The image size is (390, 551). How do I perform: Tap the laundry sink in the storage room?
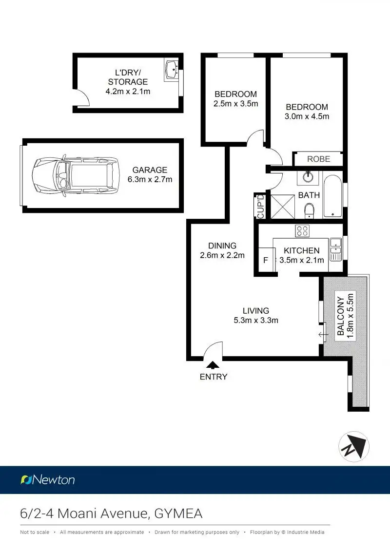(x=171, y=70)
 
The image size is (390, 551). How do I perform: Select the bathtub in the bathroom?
(x=333, y=196)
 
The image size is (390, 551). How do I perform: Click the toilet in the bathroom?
(x=309, y=210)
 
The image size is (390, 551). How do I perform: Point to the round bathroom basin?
(x=308, y=176)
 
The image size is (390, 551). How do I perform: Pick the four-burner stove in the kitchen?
(x=302, y=231)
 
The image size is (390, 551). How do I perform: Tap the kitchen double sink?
(x=335, y=248)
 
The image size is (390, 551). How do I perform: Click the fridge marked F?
(x=266, y=260)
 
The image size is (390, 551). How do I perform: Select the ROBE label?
(x=319, y=159)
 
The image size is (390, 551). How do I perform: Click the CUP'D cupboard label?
(x=260, y=206)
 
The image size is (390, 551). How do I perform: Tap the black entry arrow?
(x=213, y=365)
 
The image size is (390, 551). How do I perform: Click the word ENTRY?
(x=214, y=377)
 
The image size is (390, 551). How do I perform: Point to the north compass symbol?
(x=353, y=447)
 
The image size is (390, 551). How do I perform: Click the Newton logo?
(x=48, y=480)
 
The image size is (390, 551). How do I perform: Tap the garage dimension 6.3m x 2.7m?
(x=150, y=179)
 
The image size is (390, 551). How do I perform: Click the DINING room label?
(x=222, y=246)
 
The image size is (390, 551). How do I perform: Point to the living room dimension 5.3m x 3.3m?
(x=255, y=320)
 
